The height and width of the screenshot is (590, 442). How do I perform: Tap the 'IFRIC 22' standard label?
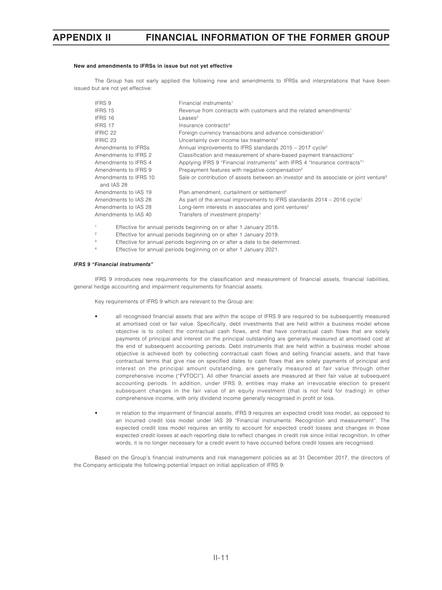point(106,133)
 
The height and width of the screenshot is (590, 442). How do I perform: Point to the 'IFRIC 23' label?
point(106,140)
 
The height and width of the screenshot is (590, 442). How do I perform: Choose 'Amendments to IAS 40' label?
point(123,215)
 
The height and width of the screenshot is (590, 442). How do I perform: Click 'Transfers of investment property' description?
point(219,215)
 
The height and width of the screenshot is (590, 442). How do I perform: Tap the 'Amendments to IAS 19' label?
point(123,192)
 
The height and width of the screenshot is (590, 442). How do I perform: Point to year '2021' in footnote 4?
point(272,250)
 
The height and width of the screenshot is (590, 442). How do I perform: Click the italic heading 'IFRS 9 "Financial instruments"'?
point(113,264)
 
